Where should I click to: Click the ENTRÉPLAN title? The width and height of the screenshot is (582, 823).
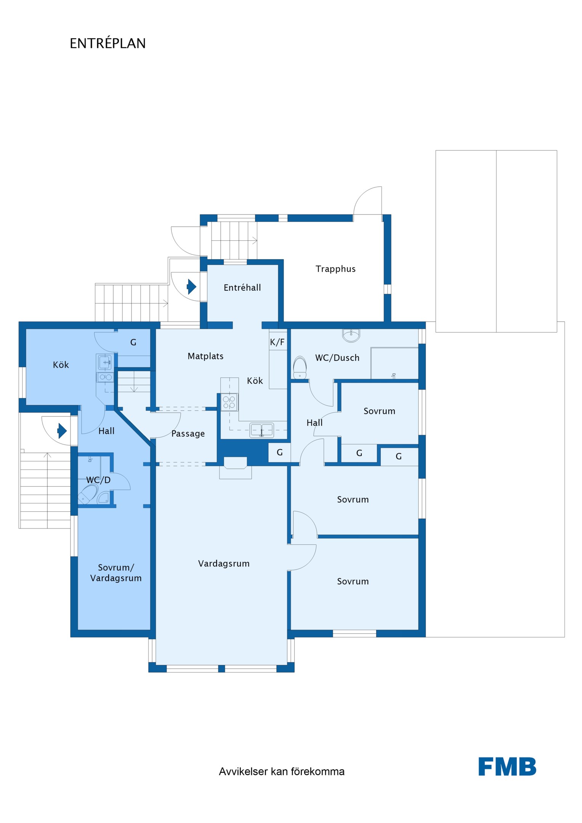coord(107,43)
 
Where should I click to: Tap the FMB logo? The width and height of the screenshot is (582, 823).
coord(507,767)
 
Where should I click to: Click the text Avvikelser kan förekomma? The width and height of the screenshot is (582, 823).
coord(282,772)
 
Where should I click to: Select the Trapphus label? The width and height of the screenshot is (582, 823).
coord(335,269)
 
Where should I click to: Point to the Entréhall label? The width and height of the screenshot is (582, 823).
coord(242,288)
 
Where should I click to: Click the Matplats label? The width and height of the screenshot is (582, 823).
coord(205,356)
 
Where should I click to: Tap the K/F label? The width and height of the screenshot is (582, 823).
coord(277,342)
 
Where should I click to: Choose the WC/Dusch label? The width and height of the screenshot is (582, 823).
coord(337,358)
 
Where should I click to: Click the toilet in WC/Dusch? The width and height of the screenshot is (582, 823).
coord(300,367)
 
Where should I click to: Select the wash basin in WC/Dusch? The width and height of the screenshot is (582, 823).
coord(351,335)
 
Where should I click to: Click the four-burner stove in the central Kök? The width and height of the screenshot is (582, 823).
coord(229,402)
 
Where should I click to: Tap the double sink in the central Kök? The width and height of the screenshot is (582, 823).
coord(262,430)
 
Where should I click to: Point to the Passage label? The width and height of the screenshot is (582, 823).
coord(188,434)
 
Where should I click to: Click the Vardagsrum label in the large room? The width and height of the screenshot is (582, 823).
coord(224,564)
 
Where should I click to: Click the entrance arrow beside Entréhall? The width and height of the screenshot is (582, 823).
coord(191,287)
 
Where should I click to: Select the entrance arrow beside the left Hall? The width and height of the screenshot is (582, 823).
coord(62,431)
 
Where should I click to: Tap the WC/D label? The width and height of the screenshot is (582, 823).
coord(98,480)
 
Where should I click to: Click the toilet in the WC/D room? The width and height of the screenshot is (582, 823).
coord(87,494)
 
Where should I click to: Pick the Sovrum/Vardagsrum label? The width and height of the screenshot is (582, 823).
coord(116,573)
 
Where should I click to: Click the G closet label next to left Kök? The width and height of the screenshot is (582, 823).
coord(133,342)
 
